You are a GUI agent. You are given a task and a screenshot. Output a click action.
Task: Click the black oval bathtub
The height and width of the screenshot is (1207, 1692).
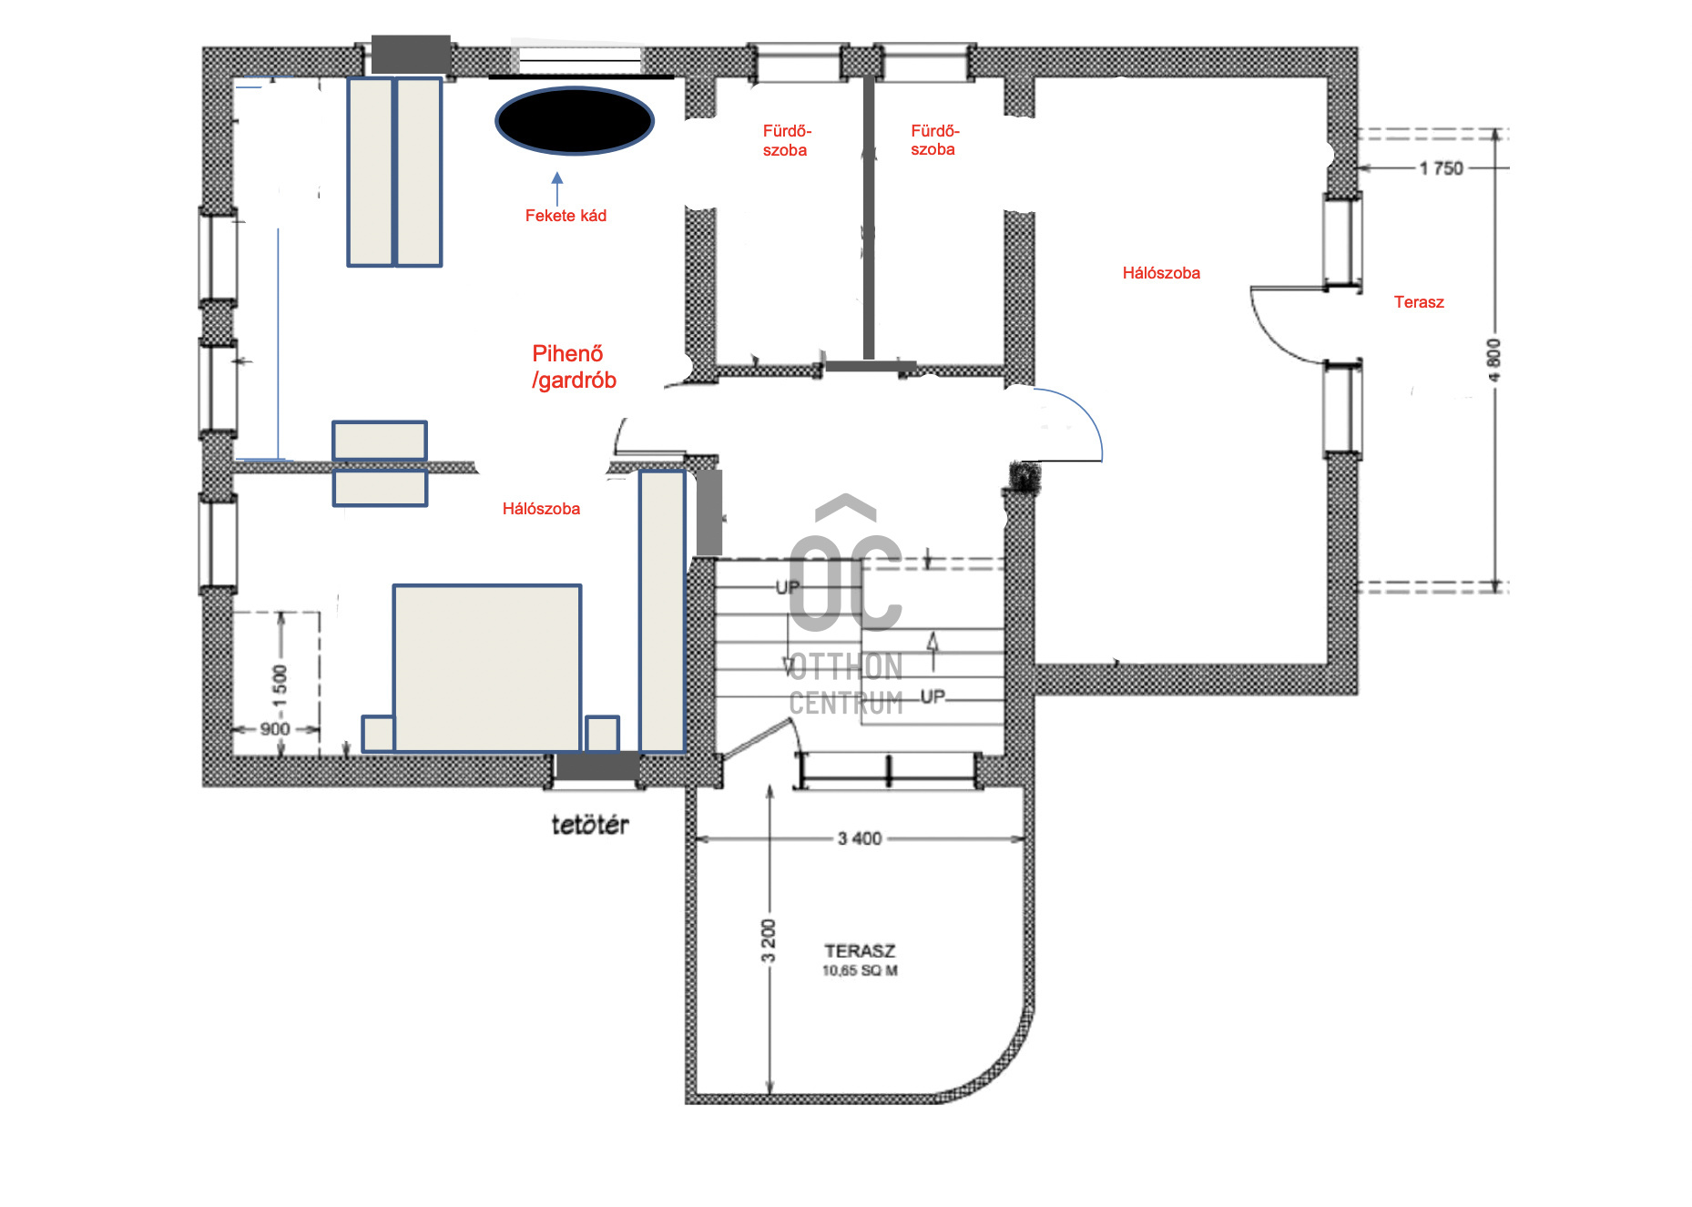click(x=575, y=120)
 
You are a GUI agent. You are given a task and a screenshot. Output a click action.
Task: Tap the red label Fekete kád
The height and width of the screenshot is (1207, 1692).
click(x=566, y=216)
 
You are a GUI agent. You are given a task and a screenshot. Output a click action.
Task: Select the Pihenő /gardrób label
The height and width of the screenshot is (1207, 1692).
click(x=574, y=367)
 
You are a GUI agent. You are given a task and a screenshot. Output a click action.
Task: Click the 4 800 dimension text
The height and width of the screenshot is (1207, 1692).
click(x=1494, y=360)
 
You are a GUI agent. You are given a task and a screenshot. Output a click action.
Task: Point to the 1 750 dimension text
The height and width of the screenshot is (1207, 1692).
click(x=1441, y=168)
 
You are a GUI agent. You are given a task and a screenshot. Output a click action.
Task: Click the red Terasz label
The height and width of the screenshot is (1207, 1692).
click(x=1419, y=302)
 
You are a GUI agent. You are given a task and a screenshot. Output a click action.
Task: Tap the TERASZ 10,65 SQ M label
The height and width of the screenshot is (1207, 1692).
click(x=860, y=960)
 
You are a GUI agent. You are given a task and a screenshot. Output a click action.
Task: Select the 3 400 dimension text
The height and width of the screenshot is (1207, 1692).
click(x=860, y=838)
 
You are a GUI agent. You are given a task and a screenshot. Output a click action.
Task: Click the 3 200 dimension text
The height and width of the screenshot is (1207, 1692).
click(x=769, y=941)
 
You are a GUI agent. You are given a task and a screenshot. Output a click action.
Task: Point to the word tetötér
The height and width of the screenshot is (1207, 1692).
click(x=590, y=825)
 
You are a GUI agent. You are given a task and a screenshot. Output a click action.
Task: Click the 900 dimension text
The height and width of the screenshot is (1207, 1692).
click(x=275, y=729)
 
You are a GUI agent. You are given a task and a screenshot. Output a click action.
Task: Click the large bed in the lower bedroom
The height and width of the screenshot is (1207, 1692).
click(x=487, y=668)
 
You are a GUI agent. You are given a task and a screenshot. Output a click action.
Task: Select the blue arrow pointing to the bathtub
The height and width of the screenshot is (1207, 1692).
click(x=557, y=189)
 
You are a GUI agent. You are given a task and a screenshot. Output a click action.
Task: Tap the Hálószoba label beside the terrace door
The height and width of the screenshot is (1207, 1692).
click(x=1161, y=273)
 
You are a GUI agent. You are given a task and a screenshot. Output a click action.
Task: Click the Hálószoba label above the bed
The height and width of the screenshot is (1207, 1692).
click(x=541, y=509)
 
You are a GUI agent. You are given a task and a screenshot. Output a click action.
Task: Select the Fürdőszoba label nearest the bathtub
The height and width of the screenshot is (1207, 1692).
click(x=787, y=140)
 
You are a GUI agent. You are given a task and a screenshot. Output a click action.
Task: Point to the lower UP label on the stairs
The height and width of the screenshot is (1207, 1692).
click(x=933, y=696)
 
